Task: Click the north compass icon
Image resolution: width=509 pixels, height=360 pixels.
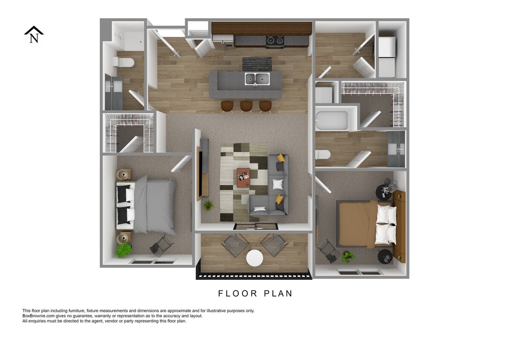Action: click(x=34, y=35)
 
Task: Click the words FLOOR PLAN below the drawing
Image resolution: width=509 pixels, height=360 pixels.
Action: click(x=255, y=293)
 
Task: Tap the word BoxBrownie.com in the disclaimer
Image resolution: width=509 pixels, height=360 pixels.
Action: click(x=40, y=316)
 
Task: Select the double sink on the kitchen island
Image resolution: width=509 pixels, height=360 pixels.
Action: click(x=257, y=79)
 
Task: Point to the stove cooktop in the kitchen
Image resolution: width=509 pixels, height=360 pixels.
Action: click(x=275, y=41)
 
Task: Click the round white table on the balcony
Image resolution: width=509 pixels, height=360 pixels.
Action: click(x=254, y=258)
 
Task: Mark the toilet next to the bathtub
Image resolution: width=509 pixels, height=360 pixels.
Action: click(x=323, y=154)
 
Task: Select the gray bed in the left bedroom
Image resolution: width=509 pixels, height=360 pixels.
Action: click(x=153, y=206)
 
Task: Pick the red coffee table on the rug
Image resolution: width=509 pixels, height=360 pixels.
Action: click(x=243, y=177)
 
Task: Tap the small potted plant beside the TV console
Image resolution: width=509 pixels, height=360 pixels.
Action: click(x=208, y=206)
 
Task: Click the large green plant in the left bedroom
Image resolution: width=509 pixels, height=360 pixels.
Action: click(x=124, y=250)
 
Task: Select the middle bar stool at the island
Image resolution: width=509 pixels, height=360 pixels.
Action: click(x=246, y=106)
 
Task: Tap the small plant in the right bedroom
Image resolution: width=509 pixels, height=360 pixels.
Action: click(x=348, y=256)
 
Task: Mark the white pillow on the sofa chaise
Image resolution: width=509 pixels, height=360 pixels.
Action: click(x=259, y=209)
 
